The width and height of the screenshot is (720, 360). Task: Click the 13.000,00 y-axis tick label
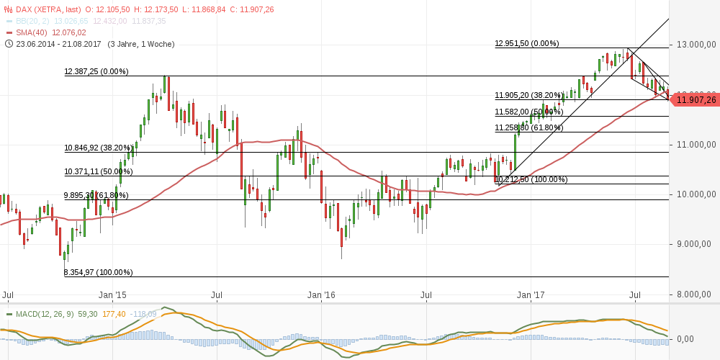click(692, 45)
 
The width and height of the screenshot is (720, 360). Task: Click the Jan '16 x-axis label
click(321, 295)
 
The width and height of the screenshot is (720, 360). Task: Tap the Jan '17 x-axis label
click(531, 295)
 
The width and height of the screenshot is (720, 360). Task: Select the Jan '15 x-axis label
click(112, 295)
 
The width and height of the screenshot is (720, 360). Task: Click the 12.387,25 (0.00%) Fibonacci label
click(96, 71)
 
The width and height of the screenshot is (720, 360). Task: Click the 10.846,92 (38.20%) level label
click(99, 148)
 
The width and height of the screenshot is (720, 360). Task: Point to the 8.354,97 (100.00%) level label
click(99, 272)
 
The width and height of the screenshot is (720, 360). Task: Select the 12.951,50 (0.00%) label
click(526, 43)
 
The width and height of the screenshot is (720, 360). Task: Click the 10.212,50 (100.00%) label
click(531, 179)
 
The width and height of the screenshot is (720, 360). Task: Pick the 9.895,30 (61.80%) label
click(96, 195)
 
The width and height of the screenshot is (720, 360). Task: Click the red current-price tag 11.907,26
click(696, 100)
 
